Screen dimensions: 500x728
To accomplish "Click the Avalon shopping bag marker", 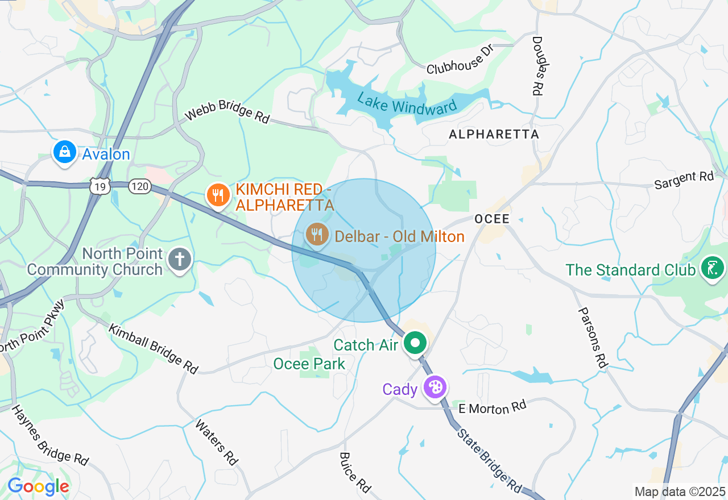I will click(x=65, y=152).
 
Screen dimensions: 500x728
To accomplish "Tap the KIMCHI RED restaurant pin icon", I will click(x=217, y=195).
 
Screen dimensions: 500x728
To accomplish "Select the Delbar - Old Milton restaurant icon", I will click(x=317, y=234).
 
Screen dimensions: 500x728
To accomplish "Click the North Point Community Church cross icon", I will click(x=180, y=260).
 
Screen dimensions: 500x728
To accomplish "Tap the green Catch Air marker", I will click(x=416, y=343).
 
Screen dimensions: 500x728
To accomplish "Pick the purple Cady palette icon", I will click(x=436, y=388).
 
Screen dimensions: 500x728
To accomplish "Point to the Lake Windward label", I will click(x=407, y=103).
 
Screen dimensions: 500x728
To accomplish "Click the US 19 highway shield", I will click(x=100, y=186).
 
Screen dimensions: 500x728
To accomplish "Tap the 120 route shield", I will click(x=139, y=186).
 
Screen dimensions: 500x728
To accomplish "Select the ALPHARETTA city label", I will click(x=494, y=135).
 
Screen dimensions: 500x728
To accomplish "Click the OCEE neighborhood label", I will click(x=492, y=219).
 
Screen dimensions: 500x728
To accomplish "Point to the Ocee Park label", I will click(x=309, y=364).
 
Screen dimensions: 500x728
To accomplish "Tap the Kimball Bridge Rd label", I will click(x=153, y=348).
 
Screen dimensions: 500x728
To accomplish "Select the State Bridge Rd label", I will click(x=490, y=460).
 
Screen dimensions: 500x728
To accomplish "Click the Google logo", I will click(x=38, y=487).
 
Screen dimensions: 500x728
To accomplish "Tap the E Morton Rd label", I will click(x=493, y=407).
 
